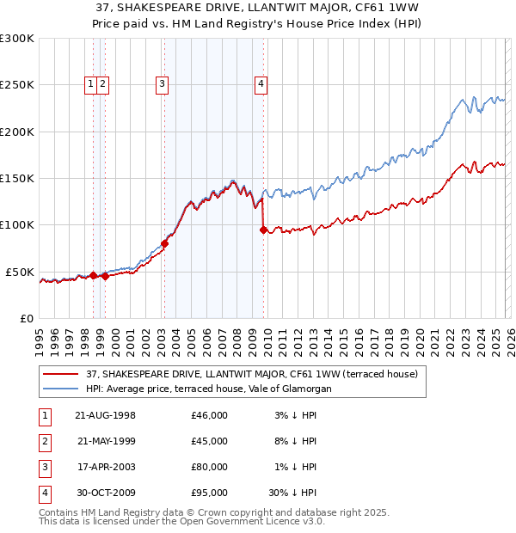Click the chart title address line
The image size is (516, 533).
(x=258, y=9)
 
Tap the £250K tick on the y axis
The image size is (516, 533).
(x=17, y=85)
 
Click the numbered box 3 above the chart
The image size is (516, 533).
(x=162, y=84)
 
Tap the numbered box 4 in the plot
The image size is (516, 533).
(x=260, y=84)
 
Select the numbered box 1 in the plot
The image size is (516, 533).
(x=90, y=84)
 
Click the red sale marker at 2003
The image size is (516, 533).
(x=164, y=243)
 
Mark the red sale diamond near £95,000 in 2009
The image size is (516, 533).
(x=263, y=230)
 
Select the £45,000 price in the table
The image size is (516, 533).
(x=210, y=441)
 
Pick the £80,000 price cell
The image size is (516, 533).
(x=210, y=467)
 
